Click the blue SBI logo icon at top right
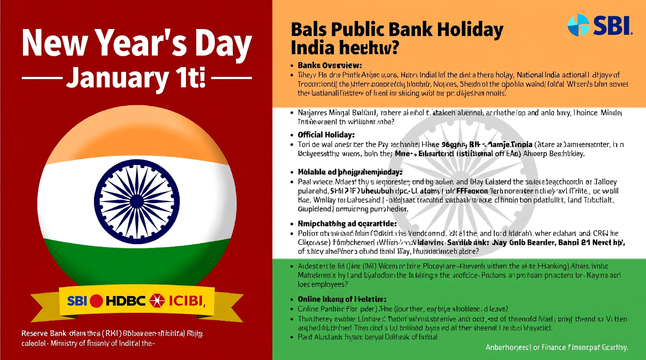click(578, 25)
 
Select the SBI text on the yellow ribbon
click(77, 301)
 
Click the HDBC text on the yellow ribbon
click(125, 301)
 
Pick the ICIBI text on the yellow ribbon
click(186, 301)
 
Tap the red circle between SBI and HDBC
click(96, 301)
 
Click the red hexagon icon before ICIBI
click(157, 301)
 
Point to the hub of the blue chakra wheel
click(137, 202)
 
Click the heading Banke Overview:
click(330, 65)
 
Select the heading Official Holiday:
click(326, 135)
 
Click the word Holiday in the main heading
click(470, 29)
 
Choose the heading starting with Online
click(342, 299)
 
